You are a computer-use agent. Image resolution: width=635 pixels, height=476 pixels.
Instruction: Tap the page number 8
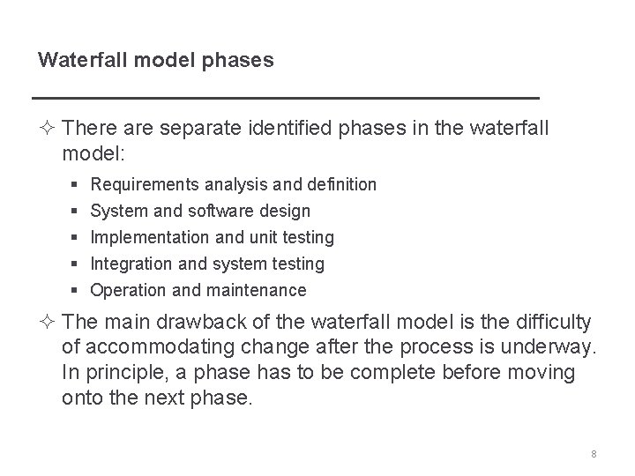point(594,454)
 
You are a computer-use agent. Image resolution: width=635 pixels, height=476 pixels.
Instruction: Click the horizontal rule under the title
point(284,96)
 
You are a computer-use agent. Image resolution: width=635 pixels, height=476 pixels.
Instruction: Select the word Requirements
point(146,185)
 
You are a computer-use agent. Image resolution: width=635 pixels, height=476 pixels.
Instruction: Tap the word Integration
point(134,264)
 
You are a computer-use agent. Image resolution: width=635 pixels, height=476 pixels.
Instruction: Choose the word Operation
point(128,290)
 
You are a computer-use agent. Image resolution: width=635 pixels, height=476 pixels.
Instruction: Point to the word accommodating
point(159,349)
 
